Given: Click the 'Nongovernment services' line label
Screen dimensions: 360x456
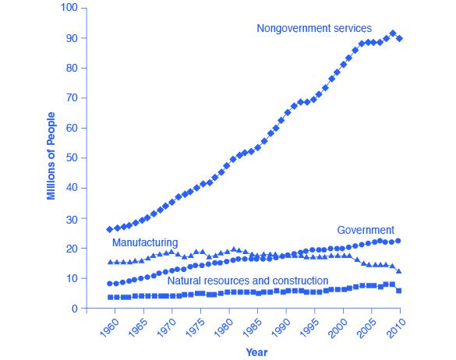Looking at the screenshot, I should [303, 28].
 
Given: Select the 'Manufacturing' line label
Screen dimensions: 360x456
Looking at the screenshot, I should [145, 243].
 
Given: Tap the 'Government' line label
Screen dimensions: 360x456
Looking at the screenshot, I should [365, 230].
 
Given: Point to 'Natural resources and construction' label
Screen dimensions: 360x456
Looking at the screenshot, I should [247, 281].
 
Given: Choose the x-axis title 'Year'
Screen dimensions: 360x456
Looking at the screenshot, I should [256, 352].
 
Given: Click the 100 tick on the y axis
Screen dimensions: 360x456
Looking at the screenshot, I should [69, 8].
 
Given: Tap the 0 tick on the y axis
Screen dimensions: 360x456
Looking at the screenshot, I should [76, 309].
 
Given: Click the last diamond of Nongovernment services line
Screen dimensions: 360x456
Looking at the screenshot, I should [399, 38].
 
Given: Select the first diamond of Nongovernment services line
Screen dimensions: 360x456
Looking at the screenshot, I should [110, 229].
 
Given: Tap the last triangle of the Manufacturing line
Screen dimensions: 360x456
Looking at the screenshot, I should [399, 271].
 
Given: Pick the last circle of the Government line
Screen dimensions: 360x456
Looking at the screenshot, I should [399, 241].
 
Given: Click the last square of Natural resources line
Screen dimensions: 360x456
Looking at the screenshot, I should [399, 290].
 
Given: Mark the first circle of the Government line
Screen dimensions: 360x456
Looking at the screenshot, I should [110, 284].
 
